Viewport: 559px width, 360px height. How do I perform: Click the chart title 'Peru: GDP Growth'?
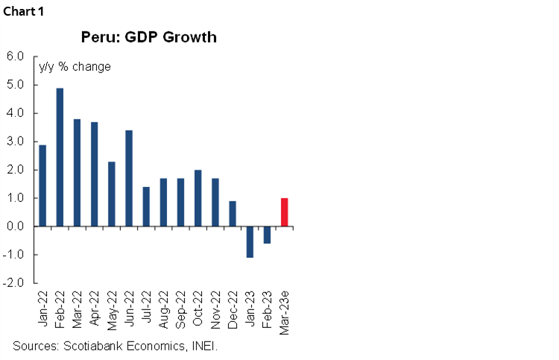(149, 37)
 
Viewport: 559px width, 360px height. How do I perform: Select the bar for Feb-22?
(60, 157)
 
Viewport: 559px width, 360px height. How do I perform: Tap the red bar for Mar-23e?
(284, 212)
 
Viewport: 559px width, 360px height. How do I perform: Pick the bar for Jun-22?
(129, 178)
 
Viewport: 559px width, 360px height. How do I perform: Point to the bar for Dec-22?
(233, 213)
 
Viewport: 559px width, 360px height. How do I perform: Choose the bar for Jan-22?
(42, 186)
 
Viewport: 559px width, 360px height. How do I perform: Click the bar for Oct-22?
(198, 198)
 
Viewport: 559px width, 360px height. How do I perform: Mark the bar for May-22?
(112, 194)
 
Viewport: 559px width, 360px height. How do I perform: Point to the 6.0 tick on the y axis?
(16, 57)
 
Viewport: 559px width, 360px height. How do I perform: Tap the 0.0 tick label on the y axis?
(16, 227)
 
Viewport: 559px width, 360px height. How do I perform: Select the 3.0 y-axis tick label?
(16, 142)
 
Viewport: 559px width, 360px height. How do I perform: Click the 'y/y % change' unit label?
(75, 67)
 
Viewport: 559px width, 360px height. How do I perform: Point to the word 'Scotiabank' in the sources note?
(96, 347)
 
